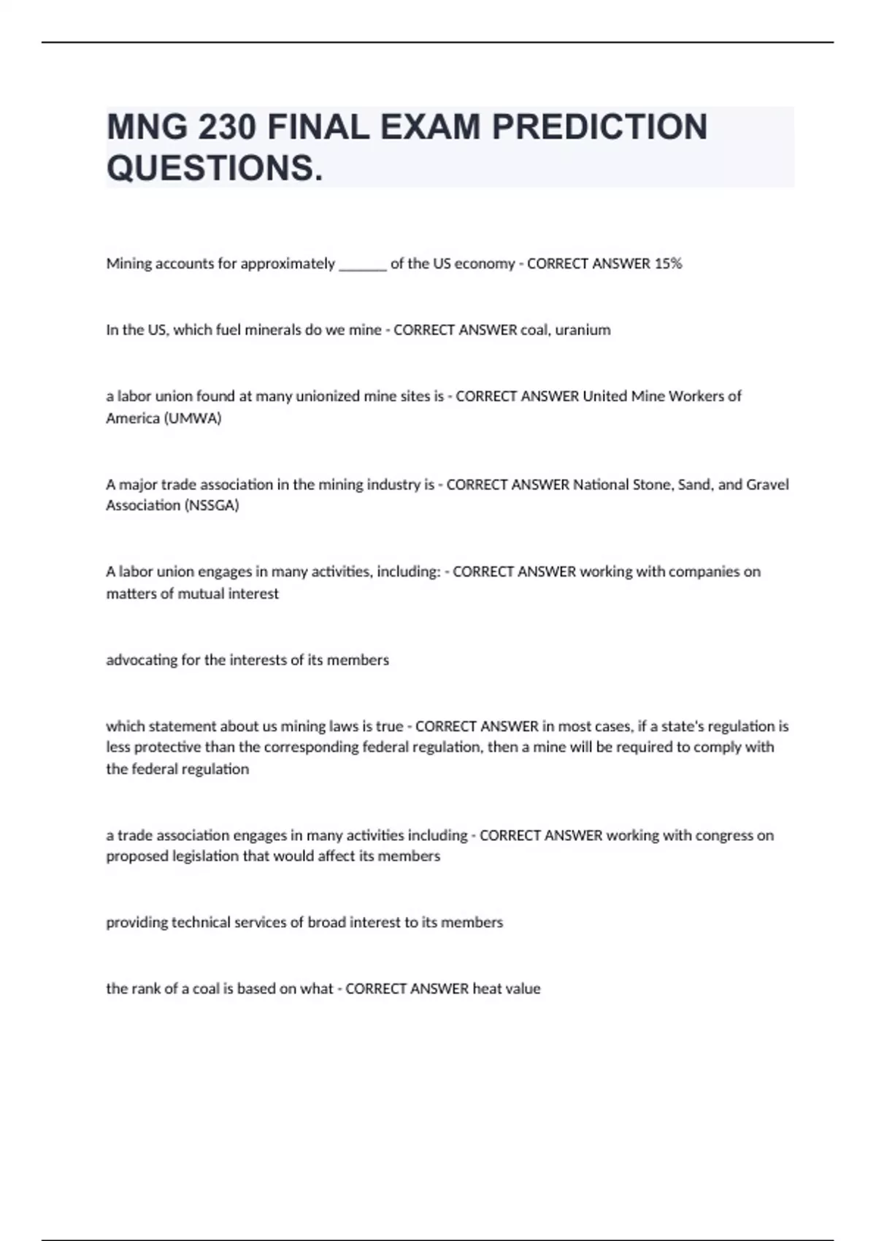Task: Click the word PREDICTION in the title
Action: click(599, 127)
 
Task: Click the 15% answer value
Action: click(668, 264)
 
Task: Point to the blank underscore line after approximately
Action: click(363, 265)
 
